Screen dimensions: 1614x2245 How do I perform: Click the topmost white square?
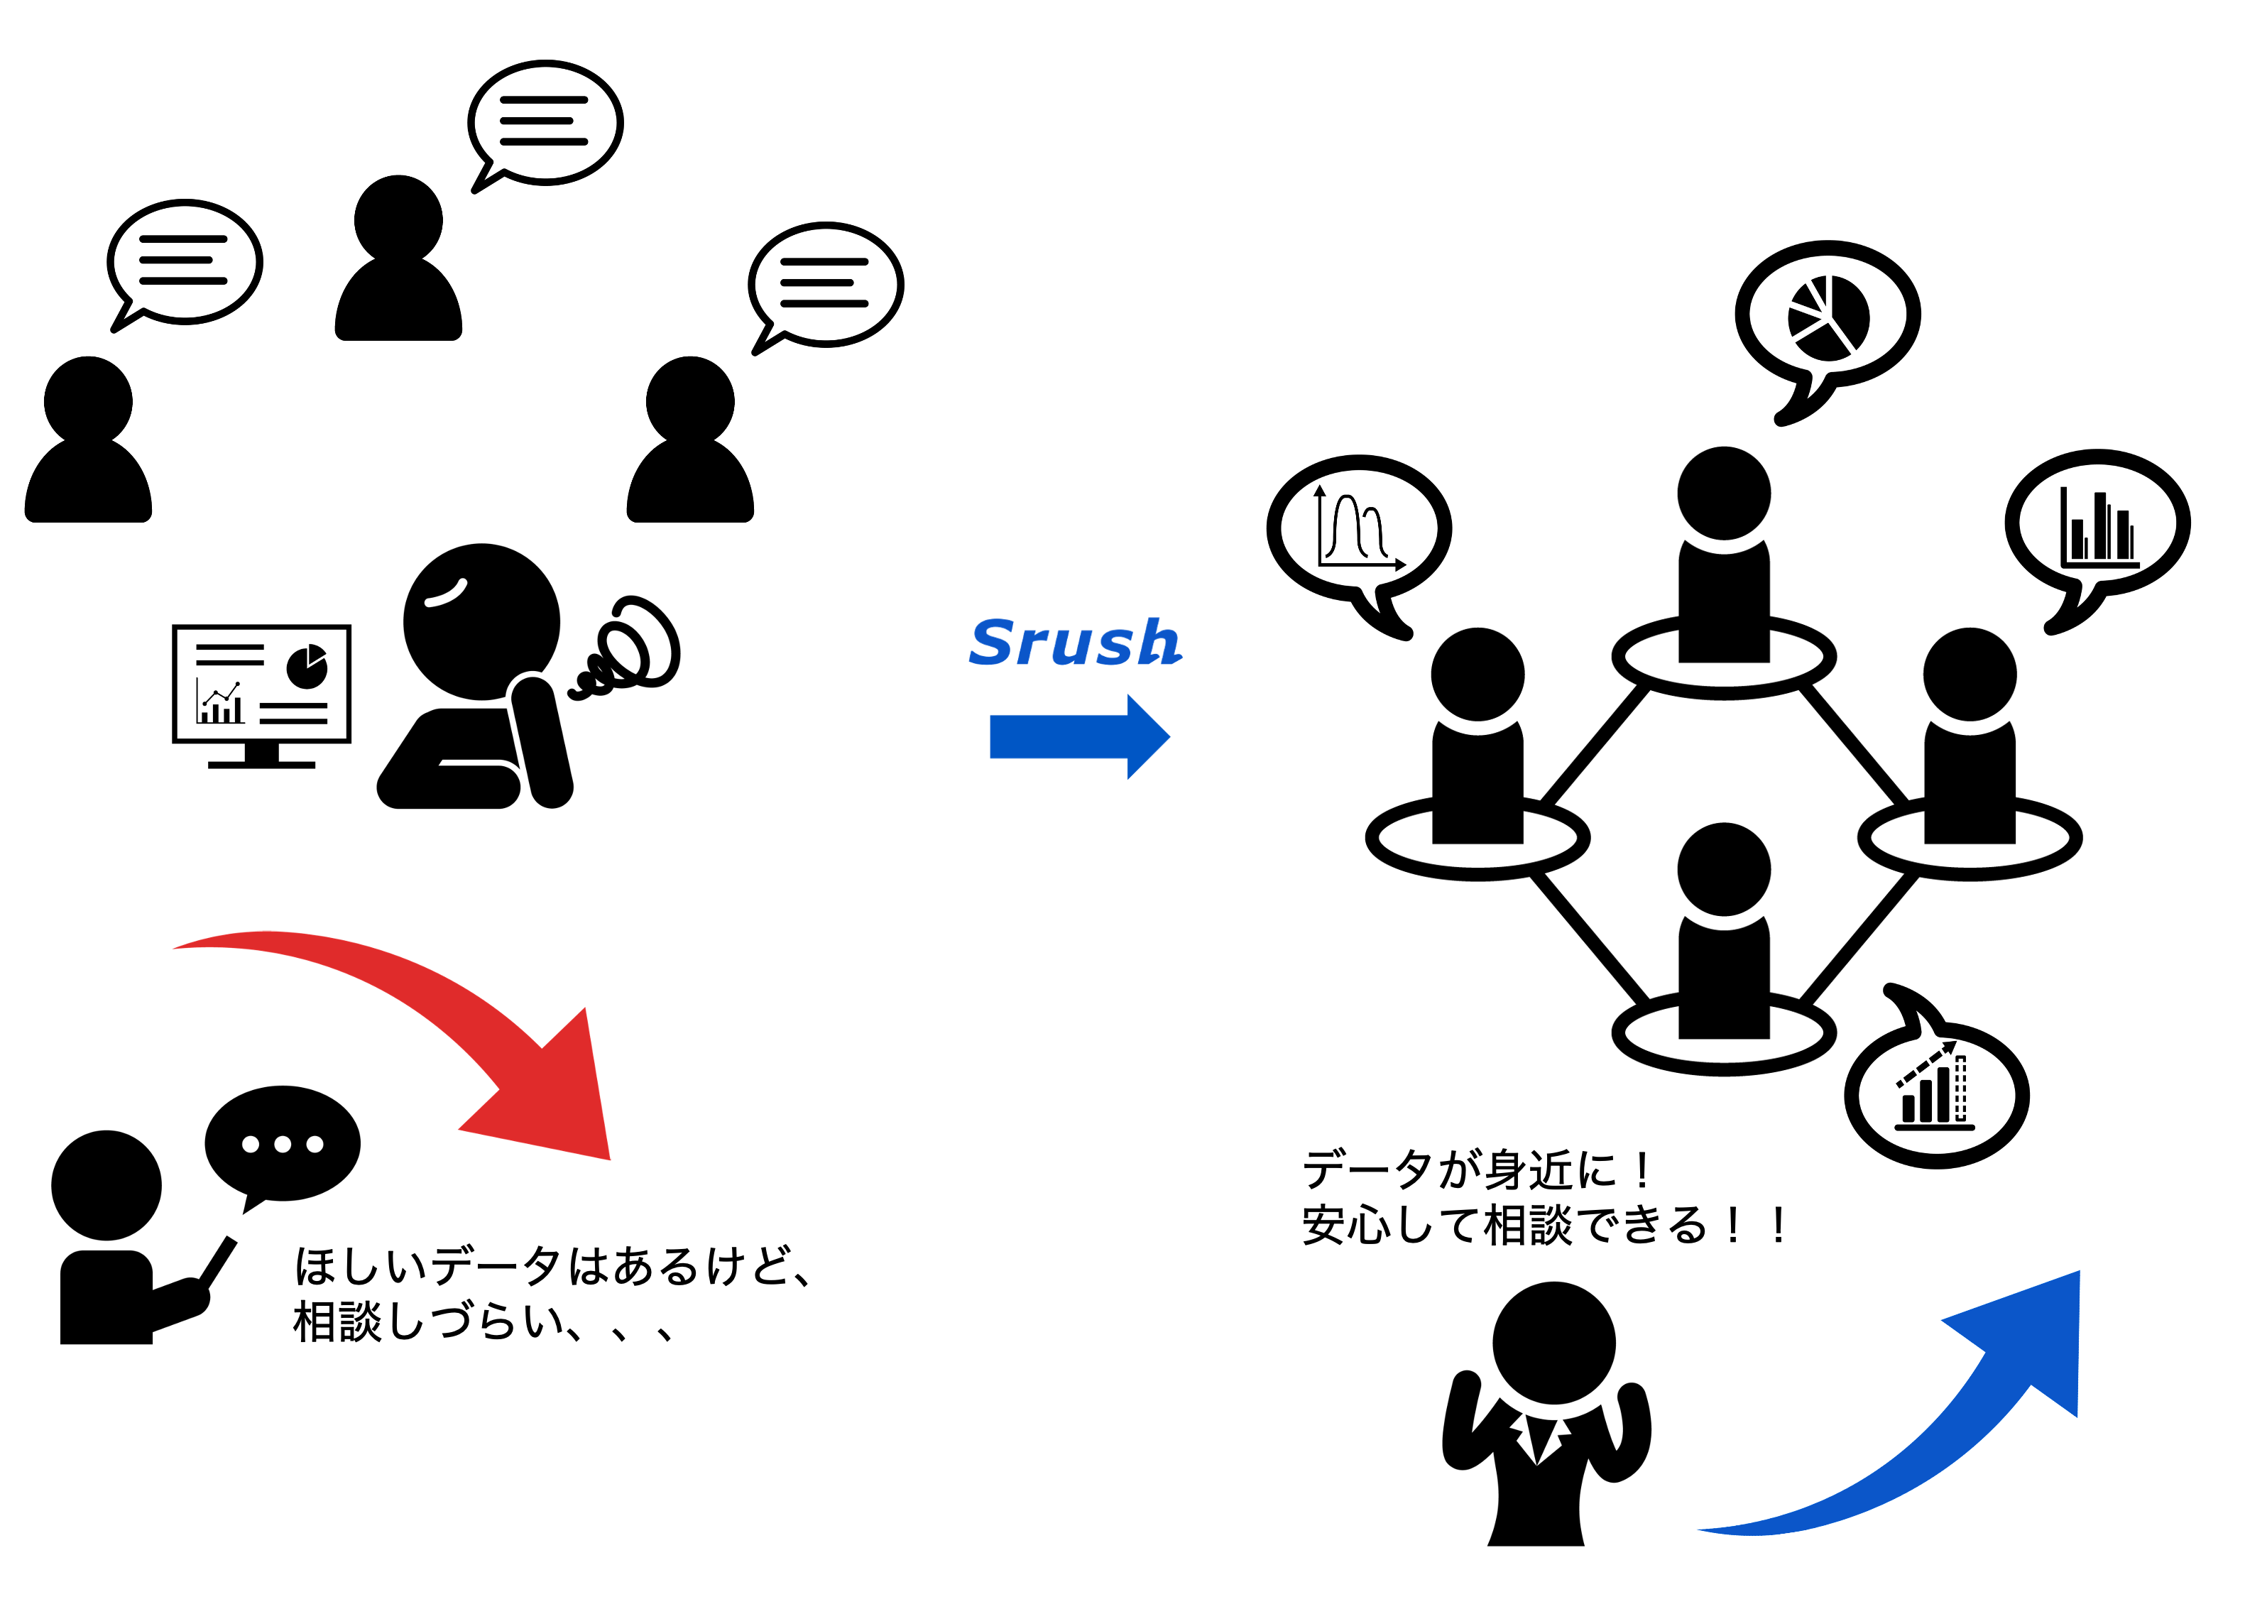pos(326,272)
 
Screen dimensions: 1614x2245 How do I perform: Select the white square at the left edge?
pos(16,454)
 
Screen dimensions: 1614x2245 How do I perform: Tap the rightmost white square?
pos(618,454)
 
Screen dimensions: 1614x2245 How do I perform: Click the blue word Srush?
pos(1074,643)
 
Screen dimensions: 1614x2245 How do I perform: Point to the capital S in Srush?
pos(992,643)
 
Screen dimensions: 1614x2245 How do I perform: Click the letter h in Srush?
pos(1158,643)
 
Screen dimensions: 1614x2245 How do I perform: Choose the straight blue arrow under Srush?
pos(1079,736)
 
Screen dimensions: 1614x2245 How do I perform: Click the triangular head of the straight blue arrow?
pos(1145,736)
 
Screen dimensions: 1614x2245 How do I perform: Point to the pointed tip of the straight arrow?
pos(1169,736)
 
